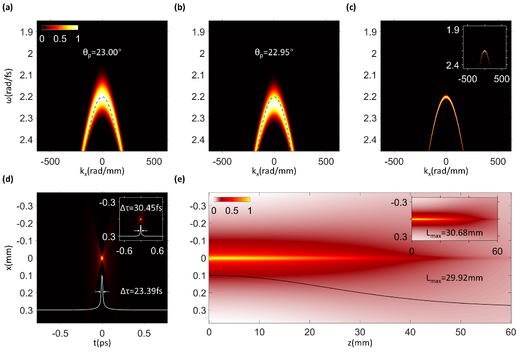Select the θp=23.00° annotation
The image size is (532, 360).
pos(102,53)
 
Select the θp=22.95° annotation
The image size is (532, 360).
pos(274,53)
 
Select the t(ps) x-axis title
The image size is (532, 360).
pos(102,343)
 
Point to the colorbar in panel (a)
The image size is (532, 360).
pos(60,27)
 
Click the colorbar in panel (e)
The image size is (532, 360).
pos(232,199)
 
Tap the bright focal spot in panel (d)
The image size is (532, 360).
pos(102,258)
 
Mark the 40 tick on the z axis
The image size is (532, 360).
pos(411,332)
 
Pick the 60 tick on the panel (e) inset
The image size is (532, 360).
pos(497,250)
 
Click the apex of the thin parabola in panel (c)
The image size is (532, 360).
pos(446,97)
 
